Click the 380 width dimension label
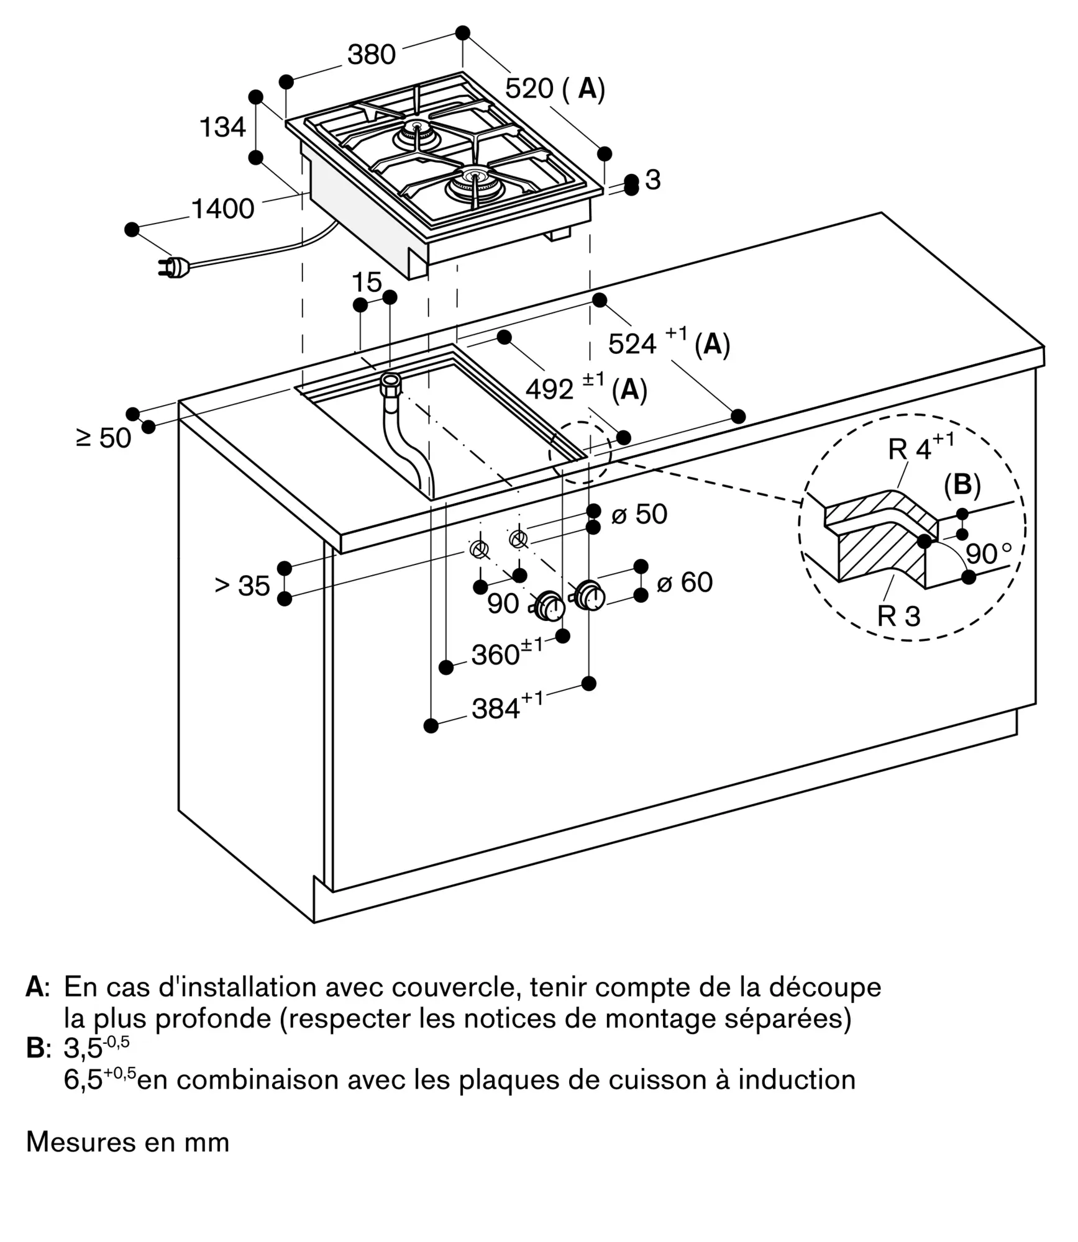[x=371, y=55]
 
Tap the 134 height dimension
[x=222, y=127]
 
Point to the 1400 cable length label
[x=222, y=209]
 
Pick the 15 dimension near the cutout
[x=367, y=283]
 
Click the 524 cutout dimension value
[x=632, y=343]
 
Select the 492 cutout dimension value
[x=549, y=390]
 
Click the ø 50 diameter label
[x=639, y=514]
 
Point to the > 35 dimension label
[x=242, y=586]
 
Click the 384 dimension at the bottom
[x=496, y=709]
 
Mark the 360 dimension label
[x=495, y=655]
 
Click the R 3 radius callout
[x=898, y=616]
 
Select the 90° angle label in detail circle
[x=988, y=553]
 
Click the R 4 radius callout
[x=911, y=448]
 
